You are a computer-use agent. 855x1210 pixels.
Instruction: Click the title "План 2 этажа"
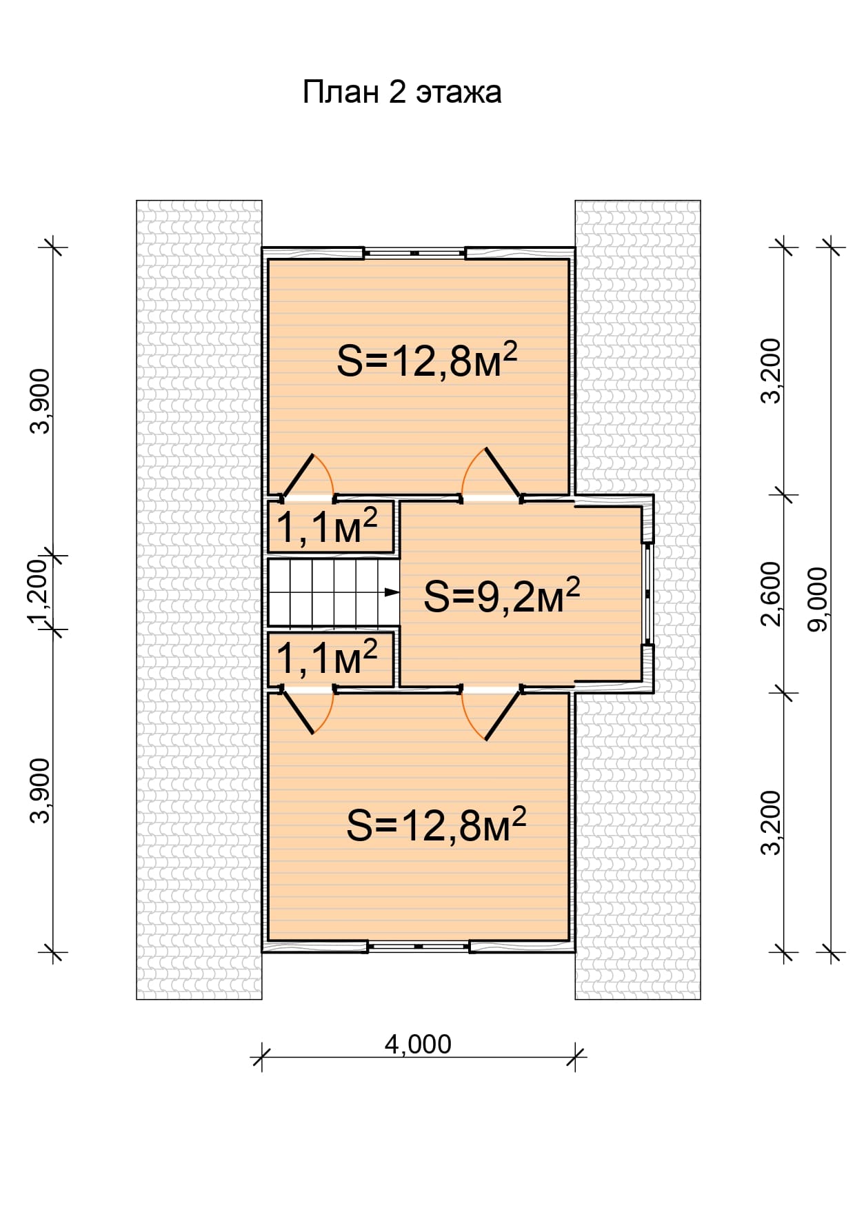[402, 92]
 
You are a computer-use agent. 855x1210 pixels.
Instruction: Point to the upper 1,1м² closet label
[327, 527]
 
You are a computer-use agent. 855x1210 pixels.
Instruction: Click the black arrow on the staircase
[392, 592]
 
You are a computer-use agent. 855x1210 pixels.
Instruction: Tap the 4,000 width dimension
[418, 1045]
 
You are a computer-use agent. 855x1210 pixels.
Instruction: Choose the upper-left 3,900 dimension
[41, 401]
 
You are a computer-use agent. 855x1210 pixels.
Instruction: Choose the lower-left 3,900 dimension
[41, 791]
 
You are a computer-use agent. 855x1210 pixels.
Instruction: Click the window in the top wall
[414, 253]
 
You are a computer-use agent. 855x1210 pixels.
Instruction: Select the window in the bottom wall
[419, 947]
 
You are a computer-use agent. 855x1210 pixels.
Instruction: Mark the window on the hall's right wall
[647, 594]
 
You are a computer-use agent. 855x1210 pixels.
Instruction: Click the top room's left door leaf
[298, 475]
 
